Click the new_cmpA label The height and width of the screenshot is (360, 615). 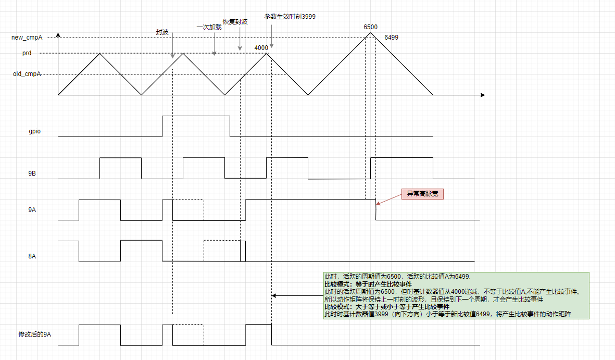click(27, 38)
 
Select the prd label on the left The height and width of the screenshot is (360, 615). click(27, 53)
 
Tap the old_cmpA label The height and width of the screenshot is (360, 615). click(27, 74)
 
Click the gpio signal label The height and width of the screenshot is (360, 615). click(34, 131)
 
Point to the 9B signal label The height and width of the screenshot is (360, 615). click(32, 173)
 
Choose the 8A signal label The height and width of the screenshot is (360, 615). click(32, 256)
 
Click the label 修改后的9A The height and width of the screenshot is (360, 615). click(34, 334)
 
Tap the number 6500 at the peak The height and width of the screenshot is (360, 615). click(370, 27)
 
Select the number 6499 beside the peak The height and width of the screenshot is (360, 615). click(391, 38)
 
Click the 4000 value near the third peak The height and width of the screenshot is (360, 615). click(261, 48)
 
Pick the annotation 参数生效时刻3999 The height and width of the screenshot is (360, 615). click(290, 17)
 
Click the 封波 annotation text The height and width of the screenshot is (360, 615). click(162, 32)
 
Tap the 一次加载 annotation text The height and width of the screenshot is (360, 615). click(209, 27)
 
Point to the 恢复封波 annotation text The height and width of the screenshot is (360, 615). click(235, 21)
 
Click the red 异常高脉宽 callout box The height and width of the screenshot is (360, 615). click(422, 194)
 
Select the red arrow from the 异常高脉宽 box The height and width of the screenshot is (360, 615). click(388, 200)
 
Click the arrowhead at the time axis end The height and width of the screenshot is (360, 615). click(483, 95)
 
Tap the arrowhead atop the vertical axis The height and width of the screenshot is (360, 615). click(58, 35)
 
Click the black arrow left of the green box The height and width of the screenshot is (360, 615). click(297, 295)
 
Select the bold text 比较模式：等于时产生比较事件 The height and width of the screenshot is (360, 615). click(368, 284)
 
